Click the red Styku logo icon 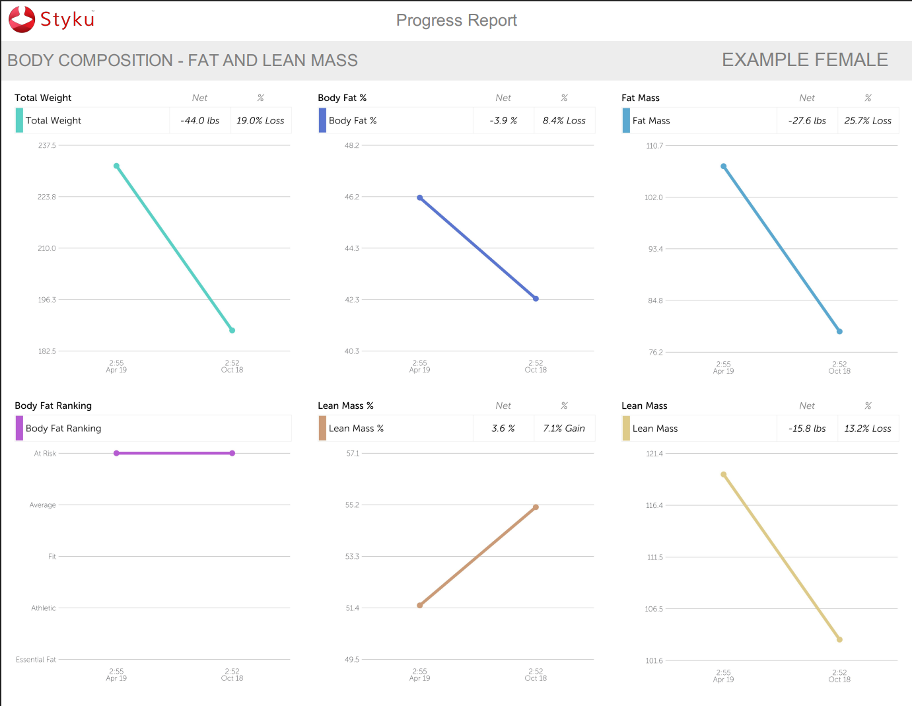click(22, 19)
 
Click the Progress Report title click(456, 20)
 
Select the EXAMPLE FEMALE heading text click(804, 60)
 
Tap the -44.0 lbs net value click(199, 121)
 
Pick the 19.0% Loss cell click(260, 121)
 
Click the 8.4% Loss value click(564, 121)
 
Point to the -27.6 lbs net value click(807, 121)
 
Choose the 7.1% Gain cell click(564, 429)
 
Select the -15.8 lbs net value click(807, 429)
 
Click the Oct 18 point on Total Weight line click(232, 330)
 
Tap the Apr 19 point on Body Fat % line click(420, 197)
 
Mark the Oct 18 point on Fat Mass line click(839, 332)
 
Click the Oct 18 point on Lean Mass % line click(536, 507)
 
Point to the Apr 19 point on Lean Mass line click(724, 474)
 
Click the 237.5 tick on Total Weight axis click(47, 146)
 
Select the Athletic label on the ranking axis click(44, 608)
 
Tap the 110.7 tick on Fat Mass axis click(654, 146)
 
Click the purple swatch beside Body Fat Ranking click(19, 429)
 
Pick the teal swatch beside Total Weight click(19, 121)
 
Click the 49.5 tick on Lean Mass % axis click(352, 660)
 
